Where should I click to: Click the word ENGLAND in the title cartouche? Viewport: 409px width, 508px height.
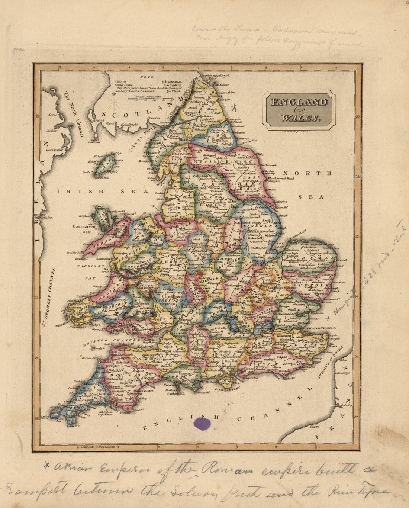(299, 102)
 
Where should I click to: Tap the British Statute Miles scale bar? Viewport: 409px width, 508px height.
(149, 99)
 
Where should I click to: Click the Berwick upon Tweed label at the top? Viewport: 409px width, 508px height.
(216, 75)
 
